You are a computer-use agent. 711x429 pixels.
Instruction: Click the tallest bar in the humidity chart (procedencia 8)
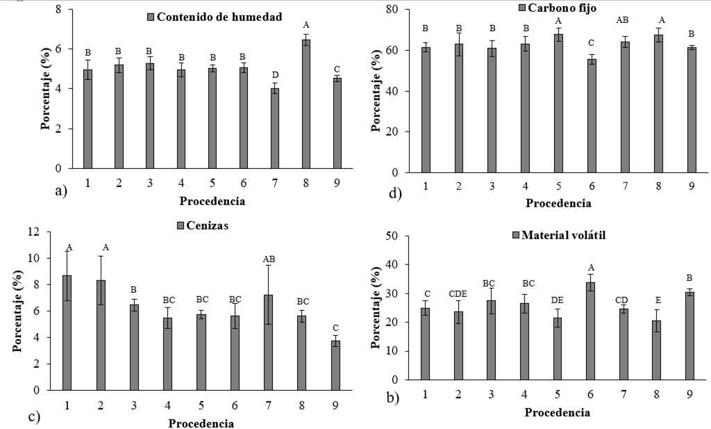(x=306, y=104)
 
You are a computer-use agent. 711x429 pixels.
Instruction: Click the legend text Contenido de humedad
(x=219, y=17)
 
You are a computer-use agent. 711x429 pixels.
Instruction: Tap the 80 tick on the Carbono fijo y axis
(x=399, y=9)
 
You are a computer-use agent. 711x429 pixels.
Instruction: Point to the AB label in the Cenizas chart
(x=269, y=259)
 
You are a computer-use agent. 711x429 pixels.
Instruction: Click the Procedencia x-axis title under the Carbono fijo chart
(x=558, y=203)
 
